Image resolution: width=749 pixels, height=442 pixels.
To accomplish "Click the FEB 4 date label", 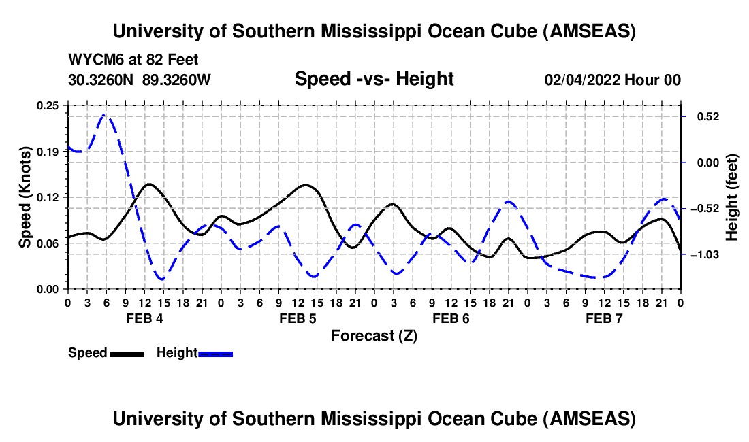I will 144,318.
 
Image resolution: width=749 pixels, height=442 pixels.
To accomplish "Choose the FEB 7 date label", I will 605,318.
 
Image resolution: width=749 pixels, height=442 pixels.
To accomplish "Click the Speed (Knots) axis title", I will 25,197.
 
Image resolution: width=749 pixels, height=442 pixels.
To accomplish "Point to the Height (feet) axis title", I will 732,197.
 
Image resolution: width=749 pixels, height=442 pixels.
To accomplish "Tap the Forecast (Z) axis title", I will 374,336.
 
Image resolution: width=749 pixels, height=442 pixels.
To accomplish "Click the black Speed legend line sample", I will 127,354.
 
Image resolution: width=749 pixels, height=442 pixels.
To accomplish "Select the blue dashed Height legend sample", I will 215,354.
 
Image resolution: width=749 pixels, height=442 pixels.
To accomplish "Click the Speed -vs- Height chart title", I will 374,80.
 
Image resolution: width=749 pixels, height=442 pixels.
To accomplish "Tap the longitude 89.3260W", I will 176,80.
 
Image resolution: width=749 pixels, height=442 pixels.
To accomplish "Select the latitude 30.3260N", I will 102,80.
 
